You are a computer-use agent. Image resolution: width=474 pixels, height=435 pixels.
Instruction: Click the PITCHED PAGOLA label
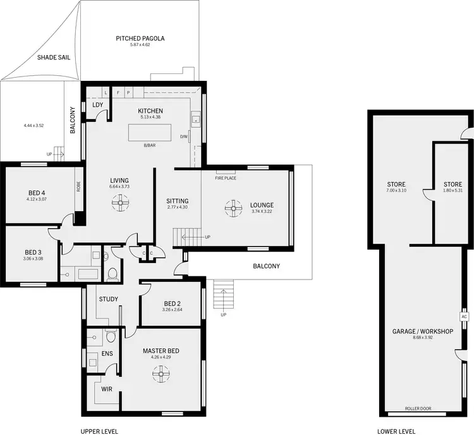140,39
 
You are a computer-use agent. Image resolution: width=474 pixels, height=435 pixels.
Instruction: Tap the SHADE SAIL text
52,57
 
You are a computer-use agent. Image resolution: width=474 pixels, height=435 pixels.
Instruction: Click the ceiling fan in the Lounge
234,208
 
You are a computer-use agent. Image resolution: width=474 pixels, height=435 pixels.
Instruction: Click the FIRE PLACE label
225,178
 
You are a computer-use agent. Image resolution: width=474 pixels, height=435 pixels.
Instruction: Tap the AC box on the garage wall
463,316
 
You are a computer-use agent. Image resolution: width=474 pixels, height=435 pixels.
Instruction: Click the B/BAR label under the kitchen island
150,145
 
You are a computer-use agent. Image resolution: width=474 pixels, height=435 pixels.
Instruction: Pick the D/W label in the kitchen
184,136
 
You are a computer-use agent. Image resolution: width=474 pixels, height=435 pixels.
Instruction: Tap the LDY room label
98,105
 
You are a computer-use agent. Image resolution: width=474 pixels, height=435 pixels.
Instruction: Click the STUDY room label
108,299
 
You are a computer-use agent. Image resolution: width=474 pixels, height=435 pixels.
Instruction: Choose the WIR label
106,389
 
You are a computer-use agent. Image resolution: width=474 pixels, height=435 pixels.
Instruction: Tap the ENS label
107,353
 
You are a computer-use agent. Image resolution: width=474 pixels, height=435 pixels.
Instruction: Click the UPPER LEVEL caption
99,431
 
